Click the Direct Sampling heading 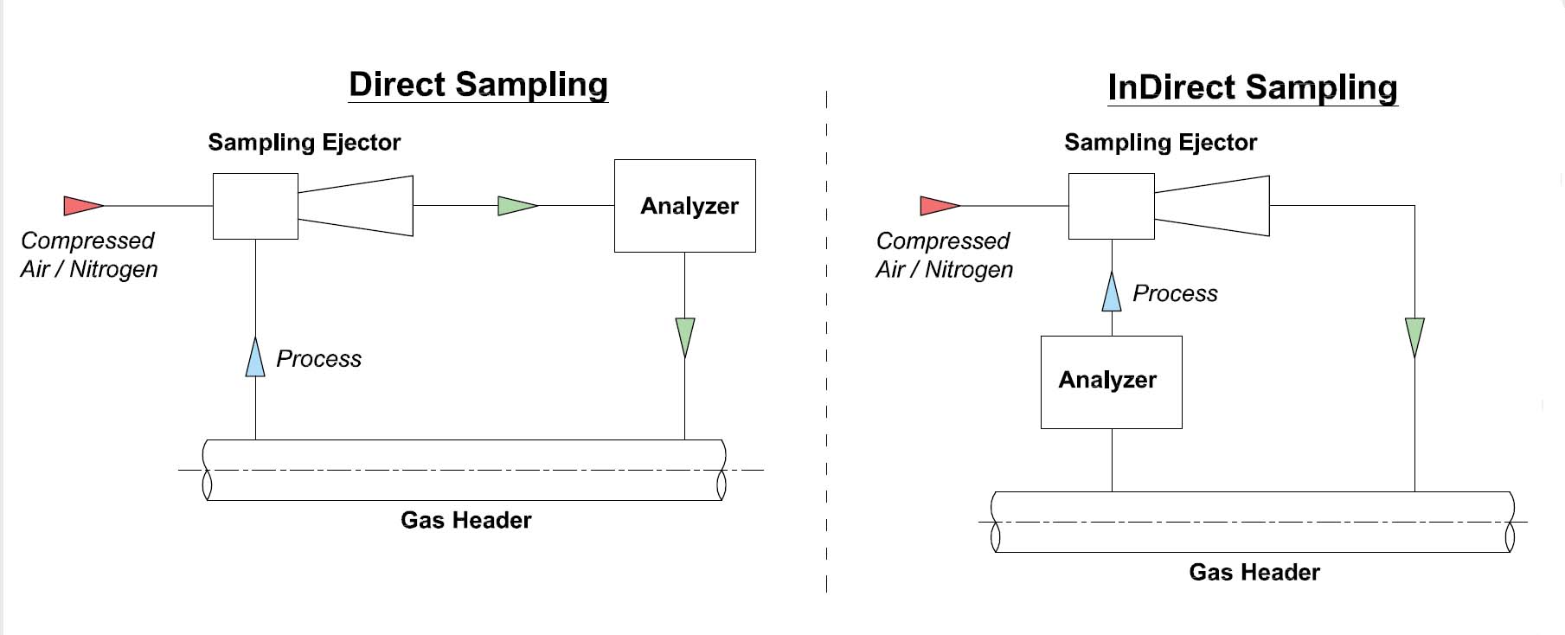478,85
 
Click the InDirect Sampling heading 1252,87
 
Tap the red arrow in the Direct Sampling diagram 82,206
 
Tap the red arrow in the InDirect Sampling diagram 939,206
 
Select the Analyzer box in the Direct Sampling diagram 684,206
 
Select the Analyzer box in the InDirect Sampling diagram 1111,382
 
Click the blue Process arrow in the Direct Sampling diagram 255,358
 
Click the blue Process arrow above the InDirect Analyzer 1112,292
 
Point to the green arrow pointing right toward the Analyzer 516,206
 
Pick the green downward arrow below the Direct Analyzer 684,336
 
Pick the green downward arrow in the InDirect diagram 1414,336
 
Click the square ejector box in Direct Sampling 255,206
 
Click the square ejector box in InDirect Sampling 1111,206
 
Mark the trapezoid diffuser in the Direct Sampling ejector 356,206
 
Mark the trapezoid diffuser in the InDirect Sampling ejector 1212,206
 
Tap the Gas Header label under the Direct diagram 465,520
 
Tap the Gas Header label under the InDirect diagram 1254,572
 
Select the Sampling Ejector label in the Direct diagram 304,143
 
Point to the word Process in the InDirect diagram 1175,294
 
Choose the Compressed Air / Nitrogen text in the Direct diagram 88,254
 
